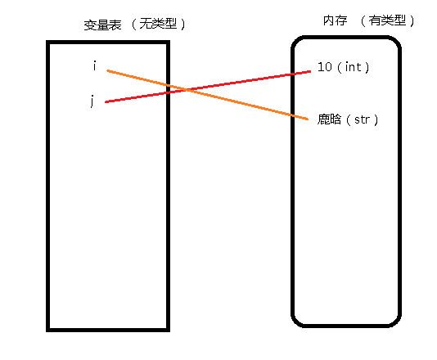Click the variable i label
click(95, 66)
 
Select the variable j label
click(92, 101)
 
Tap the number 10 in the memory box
click(325, 67)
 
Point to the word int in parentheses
click(353, 67)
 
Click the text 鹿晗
click(329, 119)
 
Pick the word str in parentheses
click(362, 119)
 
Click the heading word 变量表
click(102, 25)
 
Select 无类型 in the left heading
click(158, 24)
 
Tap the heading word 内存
click(336, 20)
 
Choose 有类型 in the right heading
click(387, 20)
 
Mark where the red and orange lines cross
click(186, 90)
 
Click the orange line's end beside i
click(107, 70)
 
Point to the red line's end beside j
click(106, 102)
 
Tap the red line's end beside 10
click(310, 71)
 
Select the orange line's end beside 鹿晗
click(308, 119)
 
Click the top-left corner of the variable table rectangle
click(48, 43)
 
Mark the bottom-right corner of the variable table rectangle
click(169, 330)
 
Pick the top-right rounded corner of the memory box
click(396, 41)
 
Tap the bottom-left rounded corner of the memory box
click(296, 322)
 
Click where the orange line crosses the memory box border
click(293, 115)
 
